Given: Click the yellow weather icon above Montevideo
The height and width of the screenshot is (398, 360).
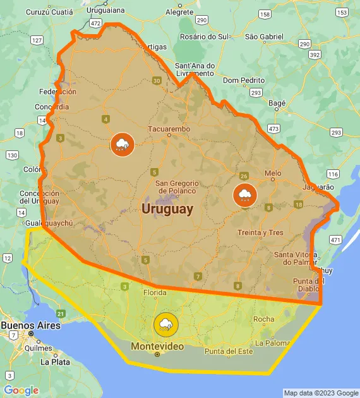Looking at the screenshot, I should [165, 325].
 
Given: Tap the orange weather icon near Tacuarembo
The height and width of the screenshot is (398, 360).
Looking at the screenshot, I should [122, 145].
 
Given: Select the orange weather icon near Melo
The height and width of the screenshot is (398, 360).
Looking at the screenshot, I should [244, 195].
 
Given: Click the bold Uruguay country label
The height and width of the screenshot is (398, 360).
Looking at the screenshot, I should [167, 208].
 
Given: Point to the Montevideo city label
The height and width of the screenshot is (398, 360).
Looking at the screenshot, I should [157, 346].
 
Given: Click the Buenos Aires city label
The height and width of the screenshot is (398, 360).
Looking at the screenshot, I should [30, 325].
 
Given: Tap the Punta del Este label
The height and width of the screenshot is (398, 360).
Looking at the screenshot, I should [229, 351].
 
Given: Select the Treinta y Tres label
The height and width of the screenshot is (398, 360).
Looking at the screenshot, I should [260, 232].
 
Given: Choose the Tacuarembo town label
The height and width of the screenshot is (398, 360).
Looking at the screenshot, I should [169, 129].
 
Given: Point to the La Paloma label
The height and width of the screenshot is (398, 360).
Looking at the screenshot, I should [273, 344].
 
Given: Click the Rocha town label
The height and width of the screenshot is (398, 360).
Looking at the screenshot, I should [263, 319].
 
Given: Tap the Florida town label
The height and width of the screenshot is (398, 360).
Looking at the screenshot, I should [155, 292].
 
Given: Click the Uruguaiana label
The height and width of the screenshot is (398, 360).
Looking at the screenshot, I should [107, 11].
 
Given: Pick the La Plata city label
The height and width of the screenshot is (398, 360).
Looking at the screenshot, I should [55, 362].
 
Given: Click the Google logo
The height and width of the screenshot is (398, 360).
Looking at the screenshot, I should [21, 390].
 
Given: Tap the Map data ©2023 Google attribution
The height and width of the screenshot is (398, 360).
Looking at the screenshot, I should [321, 393].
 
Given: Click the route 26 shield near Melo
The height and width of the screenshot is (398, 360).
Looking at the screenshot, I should [244, 176].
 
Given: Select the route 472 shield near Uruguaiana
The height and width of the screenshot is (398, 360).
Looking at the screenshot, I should [95, 23].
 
